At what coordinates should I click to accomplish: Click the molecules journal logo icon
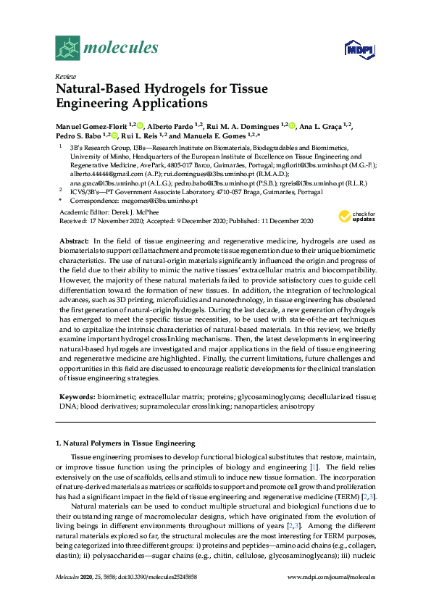tap(67, 49)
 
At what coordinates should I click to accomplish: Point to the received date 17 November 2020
tap(109, 220)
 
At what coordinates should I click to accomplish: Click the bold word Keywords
tap(75, 398)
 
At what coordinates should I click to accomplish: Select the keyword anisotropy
tap(293, 407)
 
